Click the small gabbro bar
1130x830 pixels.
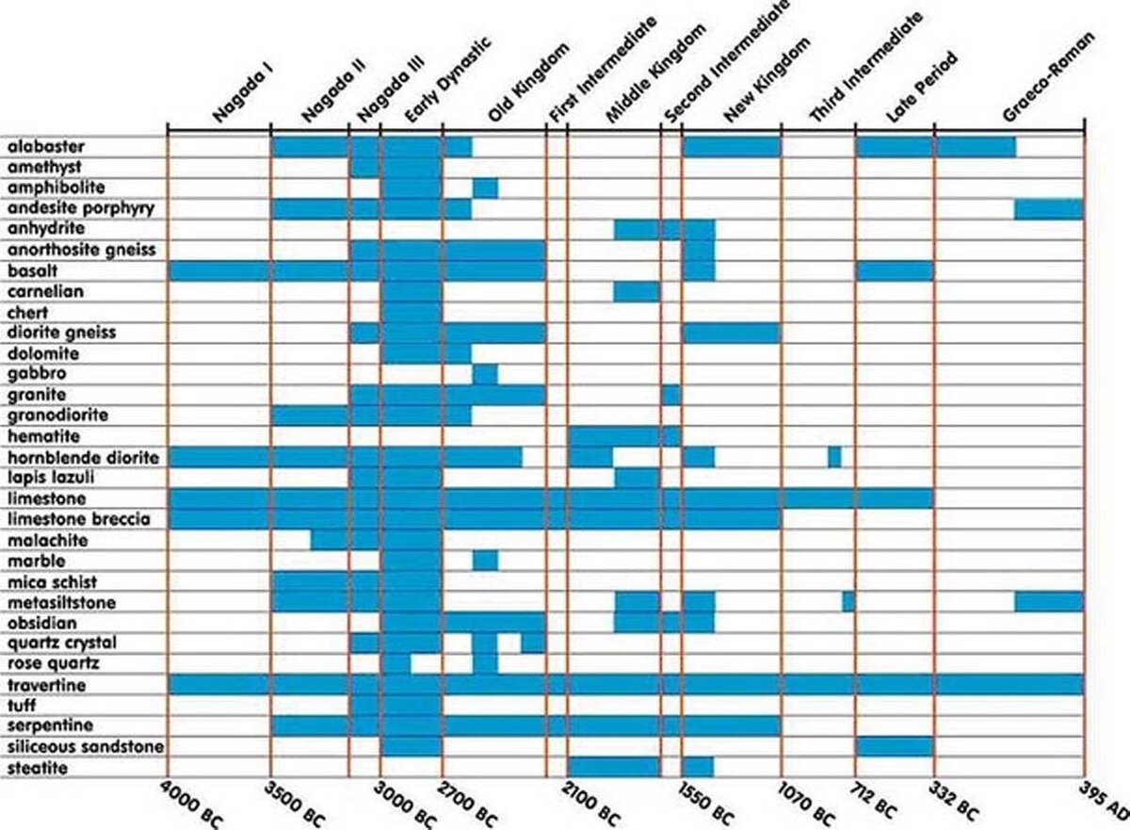[x=485, y=374]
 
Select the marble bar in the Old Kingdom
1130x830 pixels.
[x=485, y=561]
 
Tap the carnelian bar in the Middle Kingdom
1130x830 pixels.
[x=636, y=291]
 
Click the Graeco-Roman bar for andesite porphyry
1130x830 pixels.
[x=1048, y=208]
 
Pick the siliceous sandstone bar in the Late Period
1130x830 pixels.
[x=894, y=747]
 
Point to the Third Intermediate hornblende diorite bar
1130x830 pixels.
[x=834, y=457]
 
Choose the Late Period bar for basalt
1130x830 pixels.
[x=894, y=270]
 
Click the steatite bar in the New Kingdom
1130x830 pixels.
[x=698, y=768]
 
